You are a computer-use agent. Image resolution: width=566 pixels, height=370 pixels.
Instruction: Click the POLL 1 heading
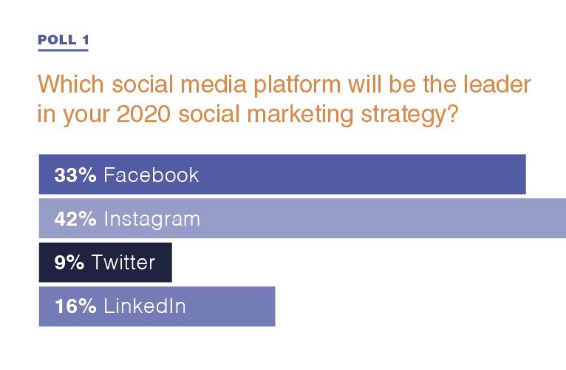(63, 39)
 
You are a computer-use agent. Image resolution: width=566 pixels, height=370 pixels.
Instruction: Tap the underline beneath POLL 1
(63, 50)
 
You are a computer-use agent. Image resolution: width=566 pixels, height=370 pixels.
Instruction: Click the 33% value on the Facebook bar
(75, 175)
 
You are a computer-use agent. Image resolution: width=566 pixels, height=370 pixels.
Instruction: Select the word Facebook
(151, 175)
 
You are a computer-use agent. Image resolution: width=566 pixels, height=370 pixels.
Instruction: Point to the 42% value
(75, 219)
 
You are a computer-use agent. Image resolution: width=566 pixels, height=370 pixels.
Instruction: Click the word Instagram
(152, 220)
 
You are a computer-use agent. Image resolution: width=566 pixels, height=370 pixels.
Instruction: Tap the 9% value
(69, 262)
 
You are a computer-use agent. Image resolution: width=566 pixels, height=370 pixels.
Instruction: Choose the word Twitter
(123, 262)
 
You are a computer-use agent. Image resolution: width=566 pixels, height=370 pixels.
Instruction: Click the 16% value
(75, 306)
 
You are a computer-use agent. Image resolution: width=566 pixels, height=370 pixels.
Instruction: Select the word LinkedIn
(145, 306)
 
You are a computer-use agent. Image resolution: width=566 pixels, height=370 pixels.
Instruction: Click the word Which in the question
(71, 84)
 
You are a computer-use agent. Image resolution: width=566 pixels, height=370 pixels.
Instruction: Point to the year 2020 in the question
(143, 114)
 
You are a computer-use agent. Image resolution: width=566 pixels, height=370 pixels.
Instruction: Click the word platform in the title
(297, 85)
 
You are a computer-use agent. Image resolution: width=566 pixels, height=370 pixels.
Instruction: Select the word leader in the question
(497, 84)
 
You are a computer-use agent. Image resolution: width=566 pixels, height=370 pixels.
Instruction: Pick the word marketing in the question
(300, 115)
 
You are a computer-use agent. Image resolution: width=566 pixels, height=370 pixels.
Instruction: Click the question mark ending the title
(452, 114)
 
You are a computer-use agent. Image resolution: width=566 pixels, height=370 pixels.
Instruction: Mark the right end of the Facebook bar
(525, 175)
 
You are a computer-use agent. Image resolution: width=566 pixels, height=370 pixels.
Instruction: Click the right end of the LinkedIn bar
(275, 306)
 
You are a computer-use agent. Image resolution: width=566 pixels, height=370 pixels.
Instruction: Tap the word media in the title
(214, 84)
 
